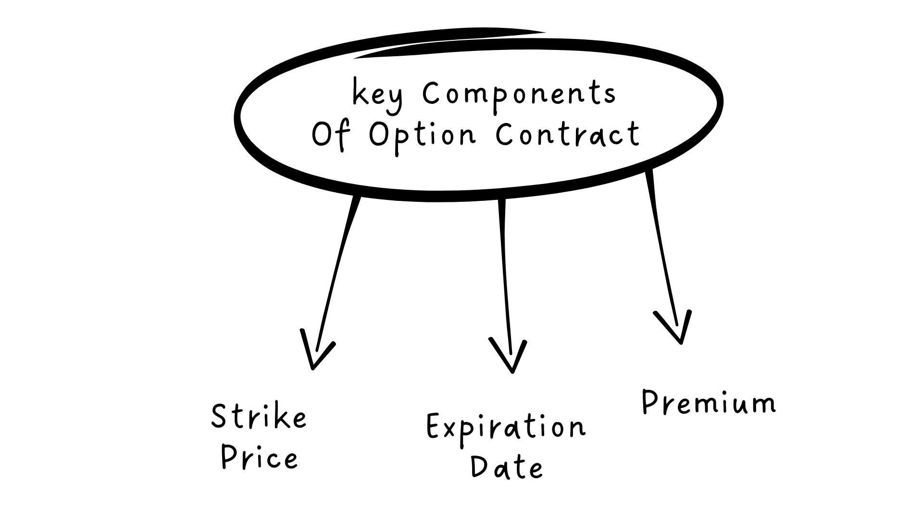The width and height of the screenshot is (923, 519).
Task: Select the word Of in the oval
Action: pos(330,135)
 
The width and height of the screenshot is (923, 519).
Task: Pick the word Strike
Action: pos(259,416)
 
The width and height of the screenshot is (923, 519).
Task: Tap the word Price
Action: pos(260,457)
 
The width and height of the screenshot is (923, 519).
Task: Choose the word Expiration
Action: pos(506,427)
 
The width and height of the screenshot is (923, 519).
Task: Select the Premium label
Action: pos(709,402)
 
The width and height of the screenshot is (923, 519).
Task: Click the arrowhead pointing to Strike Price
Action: pos(315,353)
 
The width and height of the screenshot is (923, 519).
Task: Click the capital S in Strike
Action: pos(219,416)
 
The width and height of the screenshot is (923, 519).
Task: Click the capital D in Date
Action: pos(479,467)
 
